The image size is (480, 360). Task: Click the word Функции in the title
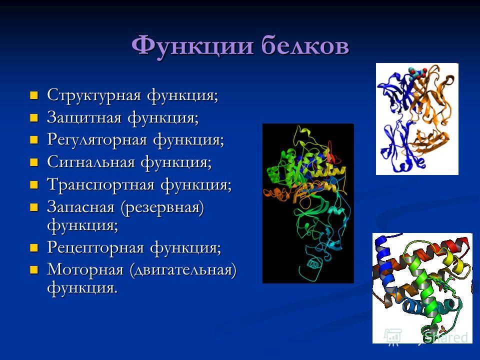(x=192, y=45)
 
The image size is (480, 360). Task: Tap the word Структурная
(x=94, y=95)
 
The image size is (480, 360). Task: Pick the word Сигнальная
(x=91, y=162)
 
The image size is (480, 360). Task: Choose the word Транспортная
(x=101, y=184)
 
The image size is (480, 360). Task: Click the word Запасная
(x=81, y=207)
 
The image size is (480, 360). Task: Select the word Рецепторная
(x=96, y=247)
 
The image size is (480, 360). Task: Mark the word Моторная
(x=85, y=269)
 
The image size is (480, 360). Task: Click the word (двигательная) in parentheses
(x=183, y=270)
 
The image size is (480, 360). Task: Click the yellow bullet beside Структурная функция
(x=33, y=95)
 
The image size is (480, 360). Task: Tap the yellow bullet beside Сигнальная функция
(x=33, y=162)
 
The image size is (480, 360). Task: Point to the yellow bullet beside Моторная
(x=33, y=270)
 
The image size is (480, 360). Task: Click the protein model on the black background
(x=308, y=203)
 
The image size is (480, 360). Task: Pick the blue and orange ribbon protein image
(x=417, y=119)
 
